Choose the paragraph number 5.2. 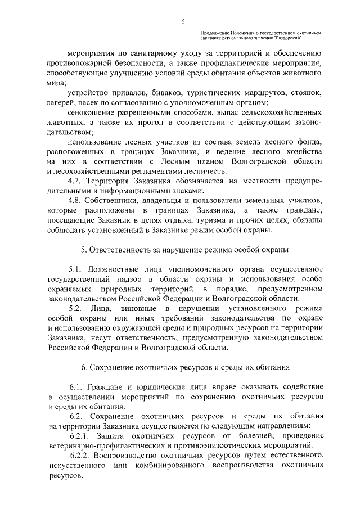76,309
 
